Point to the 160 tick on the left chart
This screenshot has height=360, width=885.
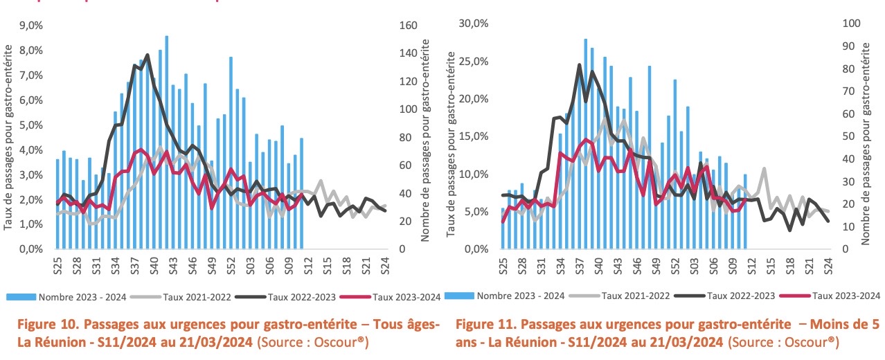(409, 25)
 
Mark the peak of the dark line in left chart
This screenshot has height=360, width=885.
(147, 55)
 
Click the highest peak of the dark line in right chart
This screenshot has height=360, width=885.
(579, 64)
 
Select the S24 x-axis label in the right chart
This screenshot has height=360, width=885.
(828, 267)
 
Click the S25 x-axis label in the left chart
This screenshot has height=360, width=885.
(58, 267)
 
